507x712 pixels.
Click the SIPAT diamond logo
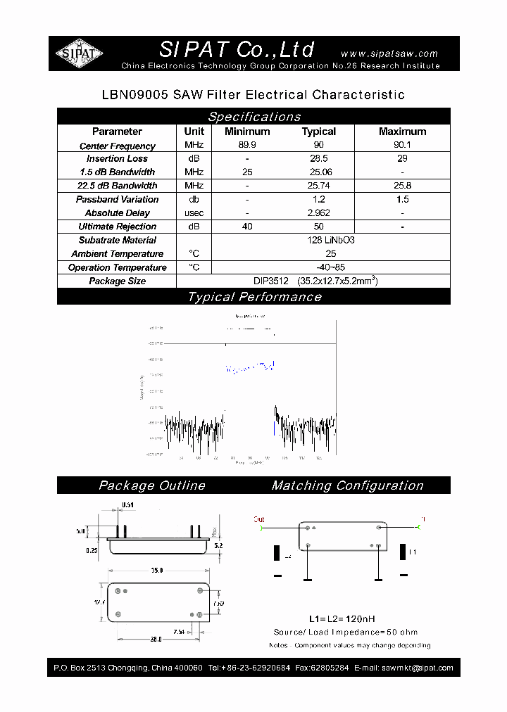(80, 53)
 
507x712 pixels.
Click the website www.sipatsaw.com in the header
(389, 53)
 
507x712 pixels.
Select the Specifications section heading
(254, 117)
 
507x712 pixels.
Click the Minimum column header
(247, 132)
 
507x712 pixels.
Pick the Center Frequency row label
(117, 146)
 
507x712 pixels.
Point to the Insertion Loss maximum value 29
(402, 158)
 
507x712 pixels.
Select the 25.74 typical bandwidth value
(319, 186)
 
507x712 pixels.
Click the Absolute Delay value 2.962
(319, 212)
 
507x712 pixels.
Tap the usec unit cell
(194, 212)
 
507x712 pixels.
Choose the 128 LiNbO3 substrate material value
(330, 240)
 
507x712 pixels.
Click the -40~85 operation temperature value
(330, 267)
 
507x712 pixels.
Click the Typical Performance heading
(254, 297)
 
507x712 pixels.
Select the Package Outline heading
(151, 485)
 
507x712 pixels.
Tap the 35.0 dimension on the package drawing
(156, 570)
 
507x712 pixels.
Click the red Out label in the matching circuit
(259, 519)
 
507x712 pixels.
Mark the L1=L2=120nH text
(341, 619)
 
